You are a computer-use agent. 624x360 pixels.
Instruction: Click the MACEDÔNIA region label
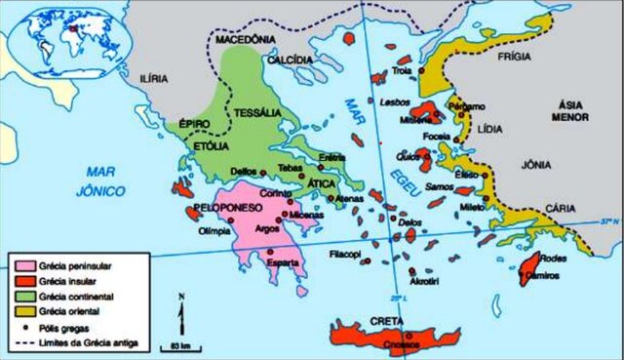(x=254, y=40)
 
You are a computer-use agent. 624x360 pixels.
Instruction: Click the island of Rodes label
(x=552, y=260)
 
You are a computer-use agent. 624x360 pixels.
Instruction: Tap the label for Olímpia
(x=214, y=232)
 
